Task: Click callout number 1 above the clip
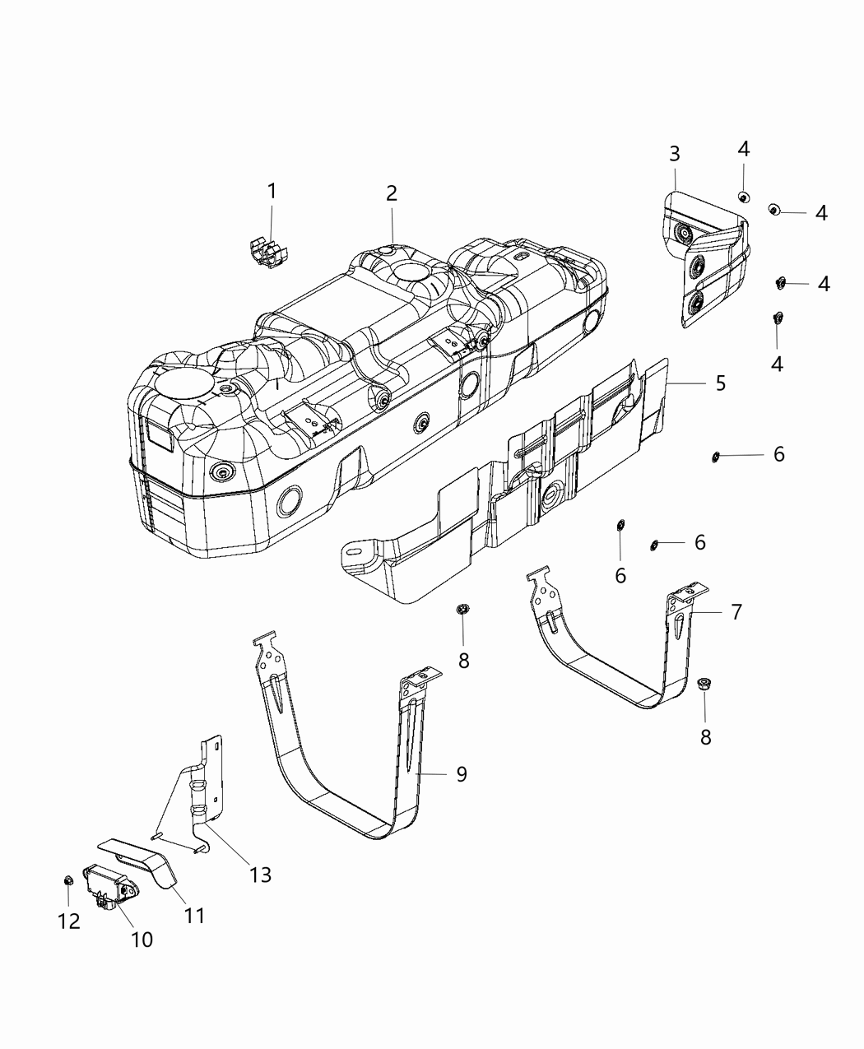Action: click(272, 191)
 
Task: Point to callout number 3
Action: click(674, 153)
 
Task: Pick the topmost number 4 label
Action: click(743, 149)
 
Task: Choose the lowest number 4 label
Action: click(777, 363)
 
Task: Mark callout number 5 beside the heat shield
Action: click(720, 383)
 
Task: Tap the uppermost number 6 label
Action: click(778, 454)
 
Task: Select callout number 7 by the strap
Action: click(736, 611)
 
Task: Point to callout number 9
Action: click(462, 774)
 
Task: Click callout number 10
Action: click(142, 939)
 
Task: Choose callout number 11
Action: click(194, 915)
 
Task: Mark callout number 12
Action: click(69, 921)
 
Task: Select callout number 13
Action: click(260, 875)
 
